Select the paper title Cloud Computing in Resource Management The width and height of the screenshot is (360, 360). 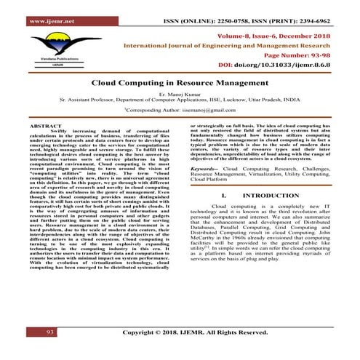pyautogui.click(x=180, y=84)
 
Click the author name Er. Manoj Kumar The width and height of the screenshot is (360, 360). pyautogui.click(x=180, y=95)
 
